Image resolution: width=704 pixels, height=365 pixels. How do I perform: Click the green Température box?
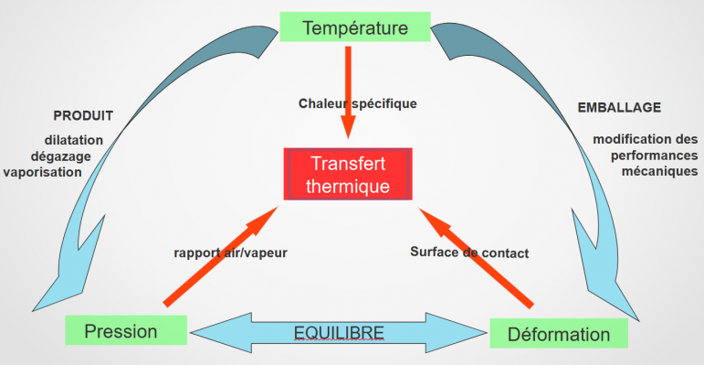(x=355, y=27)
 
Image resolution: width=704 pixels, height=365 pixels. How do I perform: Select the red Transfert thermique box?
(x=348, y=174)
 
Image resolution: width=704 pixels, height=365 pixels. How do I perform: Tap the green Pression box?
(x=126, y=330)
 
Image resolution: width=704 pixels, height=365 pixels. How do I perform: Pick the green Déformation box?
(x=559, y=334)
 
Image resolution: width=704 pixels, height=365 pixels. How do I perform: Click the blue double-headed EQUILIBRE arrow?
(x=339, y=333)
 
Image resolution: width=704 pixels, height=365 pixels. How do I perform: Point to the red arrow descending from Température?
(x=348, y=92)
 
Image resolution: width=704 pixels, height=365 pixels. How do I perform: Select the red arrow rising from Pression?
(x=221, y=255)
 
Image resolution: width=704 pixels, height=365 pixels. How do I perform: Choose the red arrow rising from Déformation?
(x=476, y=258)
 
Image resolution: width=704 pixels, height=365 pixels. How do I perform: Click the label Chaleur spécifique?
(x=358, y=104)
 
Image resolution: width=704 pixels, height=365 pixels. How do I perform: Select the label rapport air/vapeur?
(x=230, y=252)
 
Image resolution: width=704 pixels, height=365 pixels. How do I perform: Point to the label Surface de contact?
(x=469, y=252)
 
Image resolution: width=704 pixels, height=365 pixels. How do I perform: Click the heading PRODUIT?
(x=83, y=116)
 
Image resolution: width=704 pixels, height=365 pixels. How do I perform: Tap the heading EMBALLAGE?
(x=619, y=108)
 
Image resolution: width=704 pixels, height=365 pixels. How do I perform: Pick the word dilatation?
(x=74, y=140)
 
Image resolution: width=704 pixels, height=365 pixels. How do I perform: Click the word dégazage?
(x=60, y=156)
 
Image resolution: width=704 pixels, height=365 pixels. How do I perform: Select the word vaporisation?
(x=43, y=172)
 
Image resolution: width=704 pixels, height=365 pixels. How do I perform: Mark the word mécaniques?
(x=659, y=171)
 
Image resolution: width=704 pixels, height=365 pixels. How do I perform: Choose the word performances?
(x=655, y=156)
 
